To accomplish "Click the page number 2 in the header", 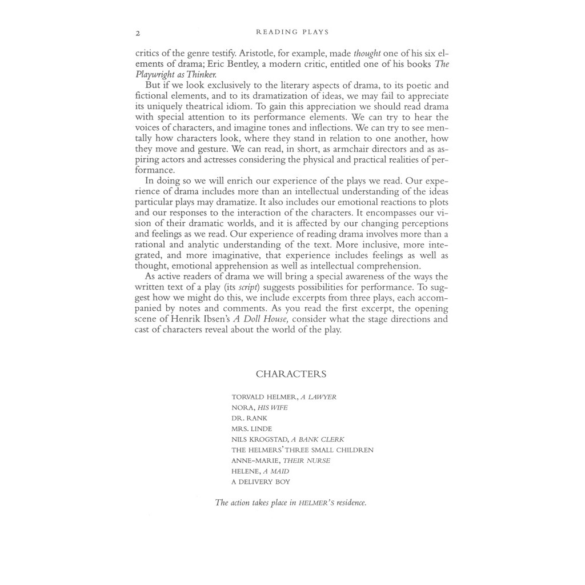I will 138,32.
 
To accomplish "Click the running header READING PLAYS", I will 292,32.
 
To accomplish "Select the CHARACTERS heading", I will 291,374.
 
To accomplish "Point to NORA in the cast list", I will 242,407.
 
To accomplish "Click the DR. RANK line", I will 250,418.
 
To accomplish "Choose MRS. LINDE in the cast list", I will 252,428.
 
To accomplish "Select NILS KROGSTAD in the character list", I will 259,439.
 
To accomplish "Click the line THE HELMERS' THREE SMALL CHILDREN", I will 303,450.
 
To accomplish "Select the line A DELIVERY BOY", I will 261,482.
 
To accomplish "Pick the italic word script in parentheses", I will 248,287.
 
